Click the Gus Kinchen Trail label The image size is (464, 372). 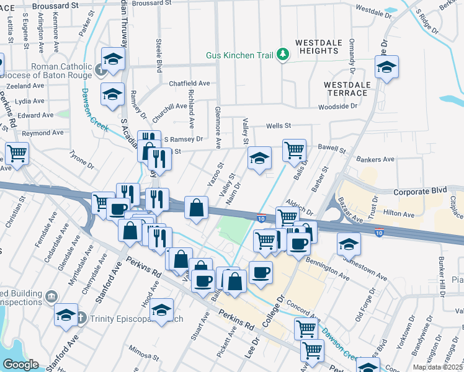click(x=240, y=55)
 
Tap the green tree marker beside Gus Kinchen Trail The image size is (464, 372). click(x=283, y=55)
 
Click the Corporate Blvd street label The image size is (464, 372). click(x=407, y=192)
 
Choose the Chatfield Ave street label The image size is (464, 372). click(x=189, y=83)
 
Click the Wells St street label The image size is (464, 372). click(x=279, y=126)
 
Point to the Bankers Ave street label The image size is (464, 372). click(x=375, y=159)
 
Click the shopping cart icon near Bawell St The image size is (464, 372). click(x=293, y=149)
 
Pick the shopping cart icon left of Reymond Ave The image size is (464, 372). click(x=17, y=152)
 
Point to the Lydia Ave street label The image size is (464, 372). click(x=30, y=100)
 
